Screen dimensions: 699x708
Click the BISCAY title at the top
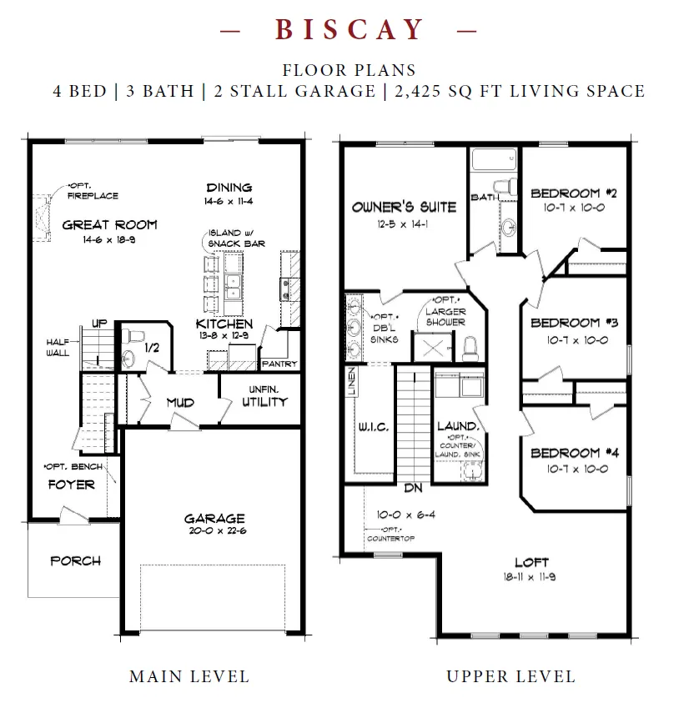tap(349, 30)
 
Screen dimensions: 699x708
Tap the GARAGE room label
tap(214, 519)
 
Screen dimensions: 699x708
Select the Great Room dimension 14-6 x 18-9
tap(109, 240)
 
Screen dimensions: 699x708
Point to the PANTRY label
tap(279, 364)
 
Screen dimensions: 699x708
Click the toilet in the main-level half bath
tap(133, 336)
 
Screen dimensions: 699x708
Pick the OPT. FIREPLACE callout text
tap(93, 191)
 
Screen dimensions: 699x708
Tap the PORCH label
tap(75, 560)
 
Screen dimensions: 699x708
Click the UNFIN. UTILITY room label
tap(264, 396)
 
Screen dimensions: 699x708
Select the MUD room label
tap(180, 402)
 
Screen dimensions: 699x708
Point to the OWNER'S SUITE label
tap(405, 208)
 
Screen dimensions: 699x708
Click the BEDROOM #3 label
tap(575, 323)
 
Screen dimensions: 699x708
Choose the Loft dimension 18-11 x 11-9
tap(530, 576)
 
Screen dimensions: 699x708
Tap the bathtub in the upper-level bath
tap(494, 159)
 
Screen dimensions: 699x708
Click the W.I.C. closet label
tap(374, 427)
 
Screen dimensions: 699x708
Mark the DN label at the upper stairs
tap(413, 488)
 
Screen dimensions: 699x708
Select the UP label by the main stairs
tap(99, 324)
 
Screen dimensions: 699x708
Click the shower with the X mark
tap(433, 347)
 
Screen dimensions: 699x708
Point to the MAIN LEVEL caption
tap(189, 676)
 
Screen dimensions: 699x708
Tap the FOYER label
tap(72, 485)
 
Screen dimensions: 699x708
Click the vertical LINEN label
tap(352, 381)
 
